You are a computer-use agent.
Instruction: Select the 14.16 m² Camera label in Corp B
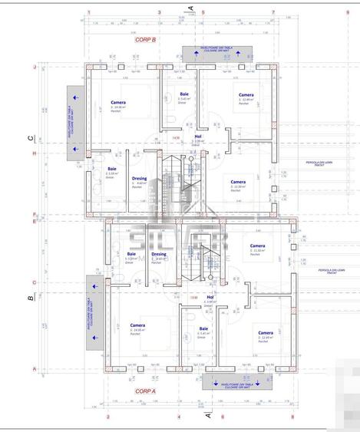click(x=118, y=104)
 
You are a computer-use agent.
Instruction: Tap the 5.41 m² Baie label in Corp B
click(x=184, y=96)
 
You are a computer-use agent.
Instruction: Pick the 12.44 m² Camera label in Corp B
click(x=246, y=97)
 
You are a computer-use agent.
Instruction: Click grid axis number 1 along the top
click(x=89, y=12)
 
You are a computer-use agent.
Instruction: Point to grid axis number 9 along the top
click(x=292, y=12)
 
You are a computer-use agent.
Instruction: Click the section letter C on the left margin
click(x=31, y=138)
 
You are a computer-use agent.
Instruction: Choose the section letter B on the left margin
click(x=31, y=298)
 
